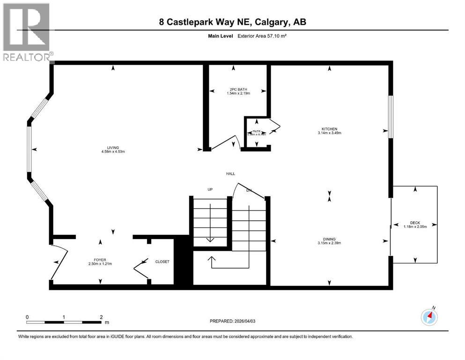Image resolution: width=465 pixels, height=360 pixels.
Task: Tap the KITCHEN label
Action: [329, 129]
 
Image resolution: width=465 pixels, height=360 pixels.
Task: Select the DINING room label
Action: [329, 239]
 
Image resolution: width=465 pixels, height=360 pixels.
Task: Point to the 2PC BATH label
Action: [238, 90]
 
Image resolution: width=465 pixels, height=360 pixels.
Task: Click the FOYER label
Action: [100, 259]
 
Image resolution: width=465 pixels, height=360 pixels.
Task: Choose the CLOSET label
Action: [162, 262]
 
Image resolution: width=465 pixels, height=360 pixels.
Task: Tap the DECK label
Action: [415, 223]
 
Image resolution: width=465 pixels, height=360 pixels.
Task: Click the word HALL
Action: [230, 174]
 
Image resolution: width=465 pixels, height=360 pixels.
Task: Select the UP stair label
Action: [210, 189]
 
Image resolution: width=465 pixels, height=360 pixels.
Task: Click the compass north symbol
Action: [429, 317]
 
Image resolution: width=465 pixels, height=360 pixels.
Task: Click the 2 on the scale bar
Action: [101, 317]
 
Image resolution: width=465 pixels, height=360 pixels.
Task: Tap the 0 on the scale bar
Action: [27, 317]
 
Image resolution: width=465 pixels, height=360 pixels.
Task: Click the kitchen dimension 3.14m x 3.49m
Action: [329, 133]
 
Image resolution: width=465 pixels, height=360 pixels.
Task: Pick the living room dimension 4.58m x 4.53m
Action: [112, 151]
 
